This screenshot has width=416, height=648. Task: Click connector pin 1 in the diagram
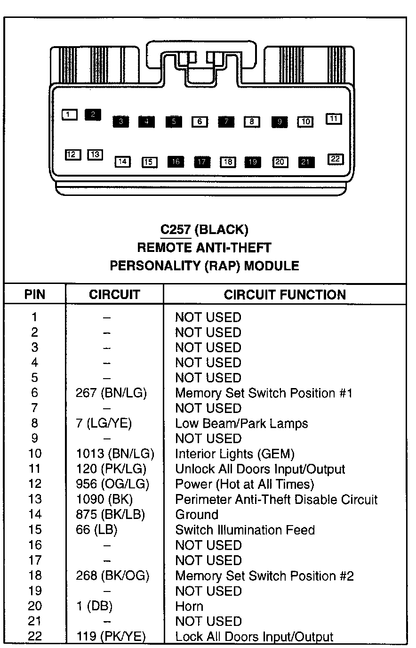pos(69,114)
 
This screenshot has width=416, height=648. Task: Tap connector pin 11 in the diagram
pos(334,119)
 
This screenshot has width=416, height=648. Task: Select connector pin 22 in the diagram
pos(336,159)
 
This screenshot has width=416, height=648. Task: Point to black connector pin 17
pos(202,162)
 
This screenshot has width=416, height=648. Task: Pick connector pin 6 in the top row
pos(200,121)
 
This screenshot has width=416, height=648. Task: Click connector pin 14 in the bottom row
pos(122,162)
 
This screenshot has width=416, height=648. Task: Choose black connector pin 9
pos(279,121)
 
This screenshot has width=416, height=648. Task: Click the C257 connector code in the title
pos(175,230)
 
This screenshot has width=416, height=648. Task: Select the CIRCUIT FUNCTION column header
pos(285,295)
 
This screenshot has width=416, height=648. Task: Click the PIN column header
pos(35,295)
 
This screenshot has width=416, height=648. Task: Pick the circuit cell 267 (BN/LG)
pos(112,393)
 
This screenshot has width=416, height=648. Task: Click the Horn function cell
pos(189,606)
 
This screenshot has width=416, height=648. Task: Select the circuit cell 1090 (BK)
pos(104,499)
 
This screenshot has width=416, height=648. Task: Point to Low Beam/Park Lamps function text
pos(241,423)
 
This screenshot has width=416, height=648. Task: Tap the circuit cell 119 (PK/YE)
pos(111,637)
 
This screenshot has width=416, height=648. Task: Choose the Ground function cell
pos(197,515)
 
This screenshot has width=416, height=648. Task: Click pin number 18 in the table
pos(35,575)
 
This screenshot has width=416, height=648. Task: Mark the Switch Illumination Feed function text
pos(245,530)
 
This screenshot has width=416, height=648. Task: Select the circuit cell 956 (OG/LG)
pos(112,484)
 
